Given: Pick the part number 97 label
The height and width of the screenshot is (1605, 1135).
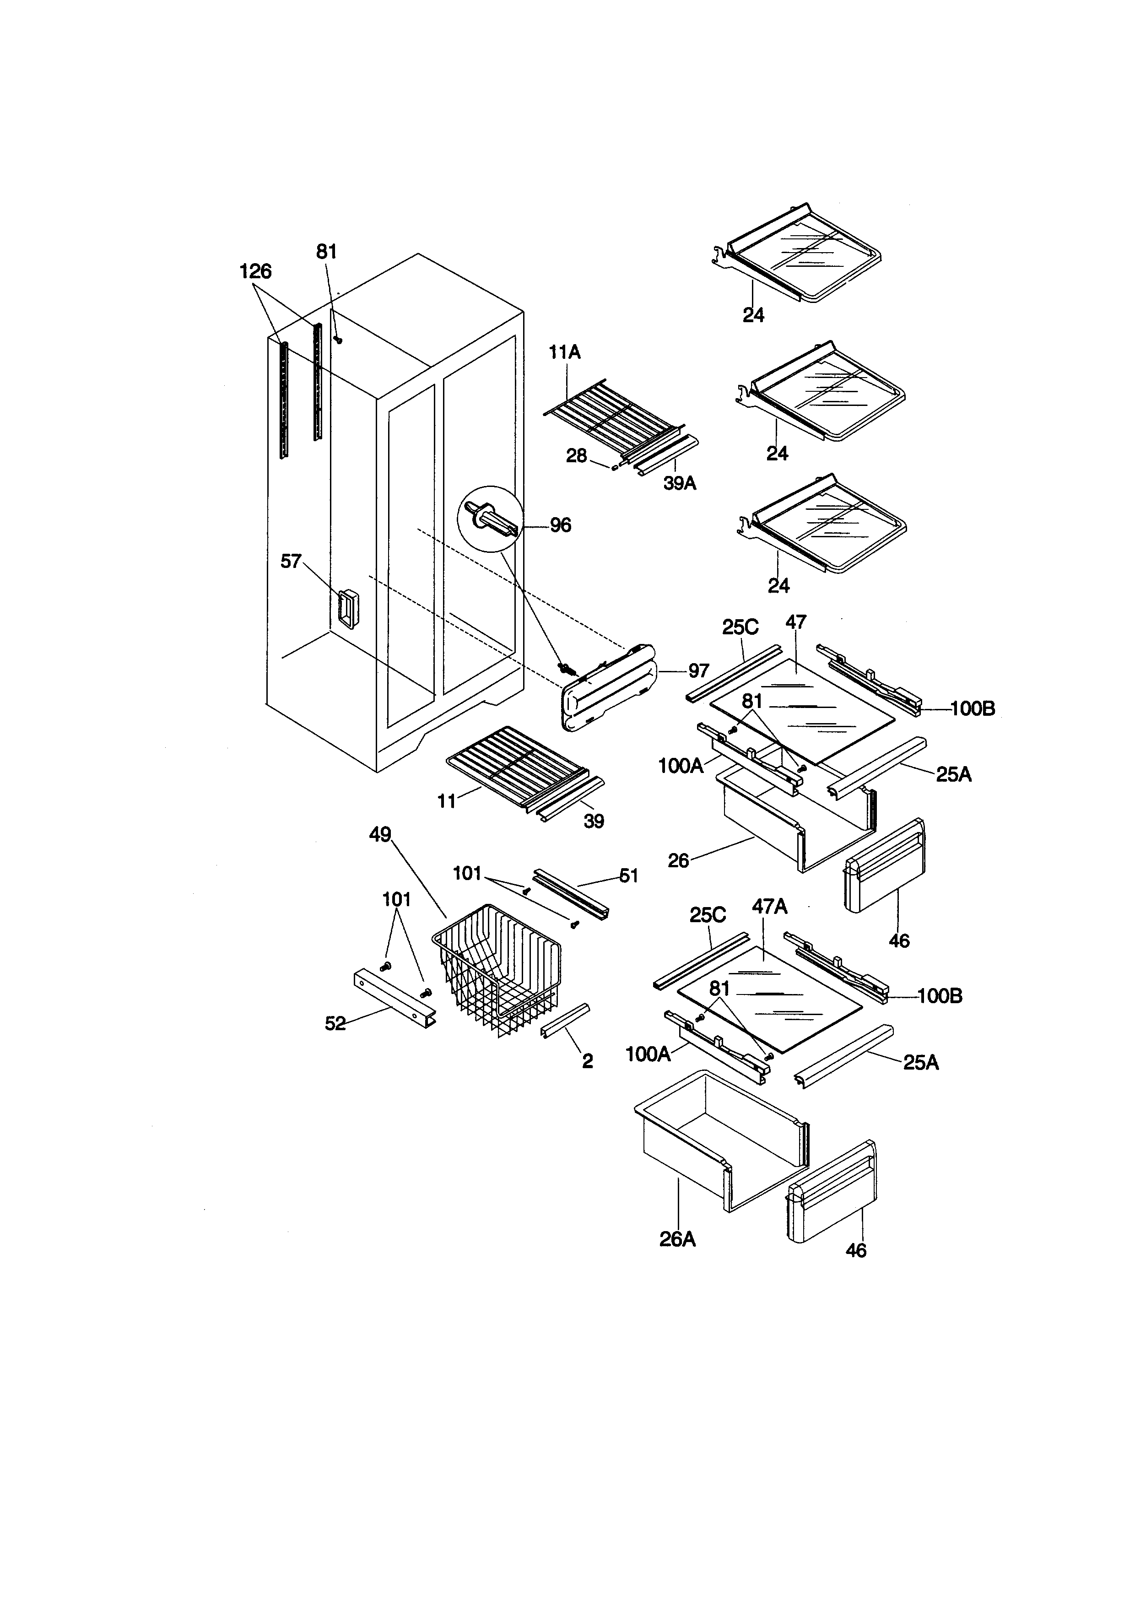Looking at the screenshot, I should tap(699, 671).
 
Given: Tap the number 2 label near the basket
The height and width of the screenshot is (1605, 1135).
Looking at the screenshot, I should tap(588, 1061).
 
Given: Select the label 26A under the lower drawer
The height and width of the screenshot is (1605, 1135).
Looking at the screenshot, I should tap(677, 1239).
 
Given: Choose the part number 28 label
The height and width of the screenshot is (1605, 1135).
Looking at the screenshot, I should tap(577, 456).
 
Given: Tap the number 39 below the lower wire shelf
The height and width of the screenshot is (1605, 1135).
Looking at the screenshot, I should tap(594, 821).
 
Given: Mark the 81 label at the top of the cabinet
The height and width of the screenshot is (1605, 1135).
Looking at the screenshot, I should tap(326, 252).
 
